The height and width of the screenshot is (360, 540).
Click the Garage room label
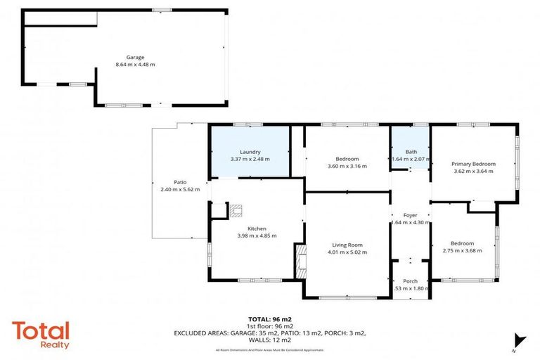point(135,57)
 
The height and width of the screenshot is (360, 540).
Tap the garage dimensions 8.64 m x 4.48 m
point(135,65)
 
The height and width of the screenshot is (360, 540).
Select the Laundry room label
point(250,152)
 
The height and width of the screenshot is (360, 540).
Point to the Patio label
point(180,182)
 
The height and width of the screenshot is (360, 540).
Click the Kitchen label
point(257,229)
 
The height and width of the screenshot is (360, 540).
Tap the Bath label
point(411,152)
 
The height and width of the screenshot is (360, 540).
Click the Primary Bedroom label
point(473,164)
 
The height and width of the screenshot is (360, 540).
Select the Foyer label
point(410,215)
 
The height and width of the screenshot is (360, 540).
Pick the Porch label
point(410,281)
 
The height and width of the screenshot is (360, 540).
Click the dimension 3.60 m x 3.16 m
point(347,167)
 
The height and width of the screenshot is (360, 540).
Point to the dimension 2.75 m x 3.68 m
point(462,251)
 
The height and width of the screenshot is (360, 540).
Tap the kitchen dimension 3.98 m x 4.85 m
point(257,236)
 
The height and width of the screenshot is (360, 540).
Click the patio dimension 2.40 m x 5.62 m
point(180,190)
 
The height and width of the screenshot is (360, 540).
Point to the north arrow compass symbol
point(518,341)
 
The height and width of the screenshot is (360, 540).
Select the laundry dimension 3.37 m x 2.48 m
point(250,159)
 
